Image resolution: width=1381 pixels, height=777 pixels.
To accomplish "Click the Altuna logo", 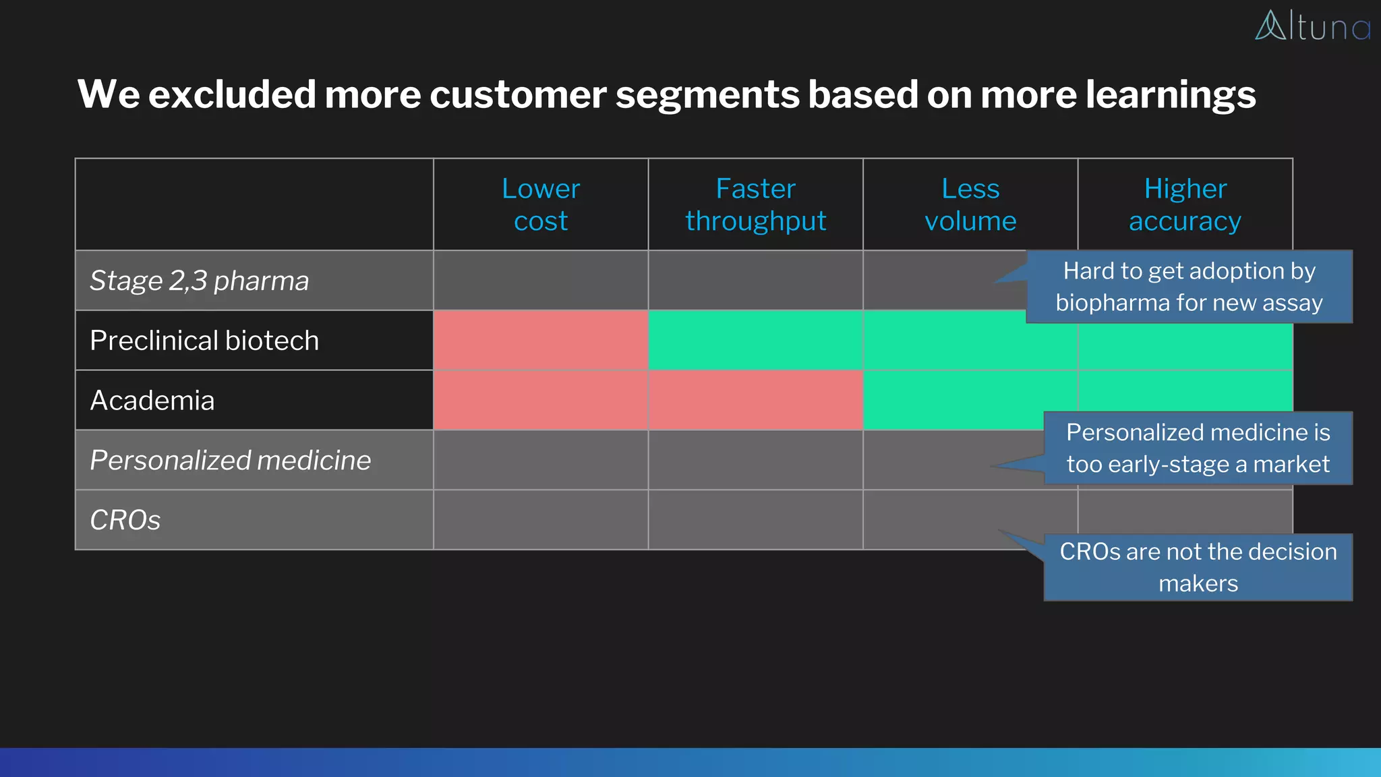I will pyautogui.click(x=1312, y=27).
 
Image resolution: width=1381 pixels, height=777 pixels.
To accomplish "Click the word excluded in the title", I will pyautogui.click(x=232, y=94).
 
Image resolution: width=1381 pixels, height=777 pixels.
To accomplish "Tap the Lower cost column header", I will pyautogui.click(x=540, y=204).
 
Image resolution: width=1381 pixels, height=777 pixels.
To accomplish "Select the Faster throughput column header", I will pyautogui.click(x=755, y=204).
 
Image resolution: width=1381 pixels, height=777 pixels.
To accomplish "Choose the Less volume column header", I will pyautogui.click(x=970, y=204).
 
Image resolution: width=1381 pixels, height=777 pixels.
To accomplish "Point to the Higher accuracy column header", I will pyautogui.click(x=1185, y=204).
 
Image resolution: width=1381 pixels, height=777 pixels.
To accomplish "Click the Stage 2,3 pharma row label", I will pyautogui.click(x=200, y=281).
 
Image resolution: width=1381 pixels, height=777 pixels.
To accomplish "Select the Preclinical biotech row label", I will pyautogui.click(x=204, y=341).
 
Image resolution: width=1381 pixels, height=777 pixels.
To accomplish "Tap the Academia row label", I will pyautogui.click(x=152, y=401).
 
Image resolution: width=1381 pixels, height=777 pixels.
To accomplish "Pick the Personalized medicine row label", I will pyautogui.click(x=230, y=461).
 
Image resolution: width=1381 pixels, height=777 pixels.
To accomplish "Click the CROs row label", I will pyautogui.click(x=125, y=520).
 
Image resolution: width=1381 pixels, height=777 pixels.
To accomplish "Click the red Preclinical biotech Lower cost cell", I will pyautogui.click(x=540, y=341).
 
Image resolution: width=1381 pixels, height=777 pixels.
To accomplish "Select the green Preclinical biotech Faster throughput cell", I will pyautogui.click(x=755, y=341).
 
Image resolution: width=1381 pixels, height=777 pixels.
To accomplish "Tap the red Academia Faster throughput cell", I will pyautogui.click(x=755, y=401).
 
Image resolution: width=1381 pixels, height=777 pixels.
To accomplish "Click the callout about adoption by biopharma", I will pyautogui.click(x=1189, y=287).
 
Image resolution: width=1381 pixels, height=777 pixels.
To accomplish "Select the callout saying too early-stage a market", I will pyautogui.click(x=1198, y=449).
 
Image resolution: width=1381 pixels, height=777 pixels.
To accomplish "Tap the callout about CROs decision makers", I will pyautogui.click(x=1198, y=567).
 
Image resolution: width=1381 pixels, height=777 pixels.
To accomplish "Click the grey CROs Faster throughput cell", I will pyautogui.click(x=755, y=520).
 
